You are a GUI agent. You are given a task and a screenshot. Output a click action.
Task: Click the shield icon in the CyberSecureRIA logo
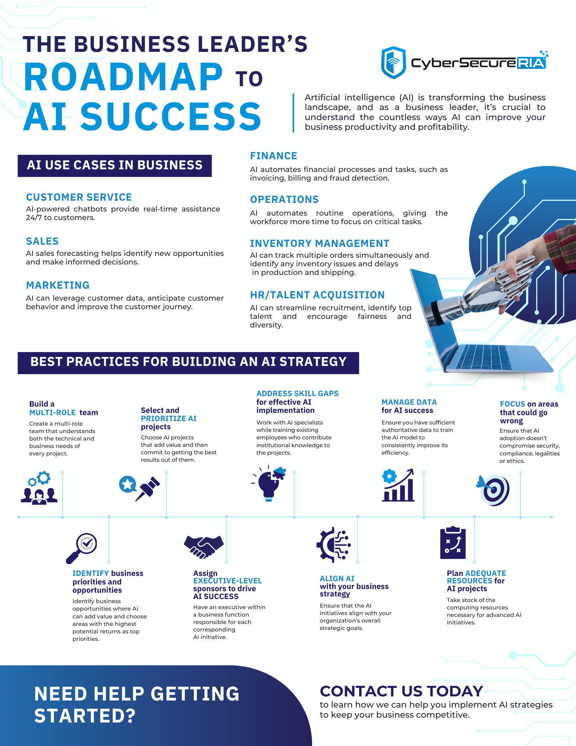393,63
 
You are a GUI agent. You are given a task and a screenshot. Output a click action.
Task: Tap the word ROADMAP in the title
123,77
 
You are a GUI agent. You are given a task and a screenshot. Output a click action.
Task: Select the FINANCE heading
274,156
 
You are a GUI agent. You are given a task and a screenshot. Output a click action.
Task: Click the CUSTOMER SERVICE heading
79,197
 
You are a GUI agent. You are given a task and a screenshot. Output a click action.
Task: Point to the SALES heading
43,241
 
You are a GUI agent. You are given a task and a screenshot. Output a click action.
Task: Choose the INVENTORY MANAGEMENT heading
320,244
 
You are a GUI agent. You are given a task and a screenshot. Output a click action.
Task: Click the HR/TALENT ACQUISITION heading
317,295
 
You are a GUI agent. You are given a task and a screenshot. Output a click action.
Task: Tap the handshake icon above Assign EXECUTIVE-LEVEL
204,547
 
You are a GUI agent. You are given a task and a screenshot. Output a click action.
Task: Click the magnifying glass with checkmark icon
82,548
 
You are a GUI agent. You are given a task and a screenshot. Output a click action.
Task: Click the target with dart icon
493,490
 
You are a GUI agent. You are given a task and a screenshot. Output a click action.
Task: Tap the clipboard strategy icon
453,543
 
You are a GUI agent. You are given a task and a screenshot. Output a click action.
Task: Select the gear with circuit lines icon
334,545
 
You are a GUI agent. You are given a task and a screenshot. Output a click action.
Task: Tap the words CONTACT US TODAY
402,691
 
